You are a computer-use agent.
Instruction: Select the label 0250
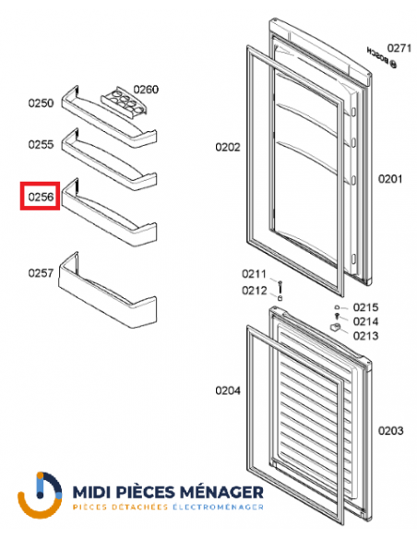[40, 103]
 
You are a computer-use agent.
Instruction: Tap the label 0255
[40, 145]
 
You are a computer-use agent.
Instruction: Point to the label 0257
[40, 272]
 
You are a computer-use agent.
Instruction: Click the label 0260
[146, 90]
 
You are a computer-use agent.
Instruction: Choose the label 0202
[228, 147]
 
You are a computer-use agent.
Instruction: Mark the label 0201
[390, 178]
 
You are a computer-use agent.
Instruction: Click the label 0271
[399, 47]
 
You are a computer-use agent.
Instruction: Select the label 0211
[255, 273]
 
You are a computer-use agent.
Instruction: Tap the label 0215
[367, 307]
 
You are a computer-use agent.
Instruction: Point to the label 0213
[367, 336]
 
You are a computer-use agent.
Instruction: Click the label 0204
[228, 390]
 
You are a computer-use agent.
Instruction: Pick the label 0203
[390, 430]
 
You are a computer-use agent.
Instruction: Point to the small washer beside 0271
[394, 65]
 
